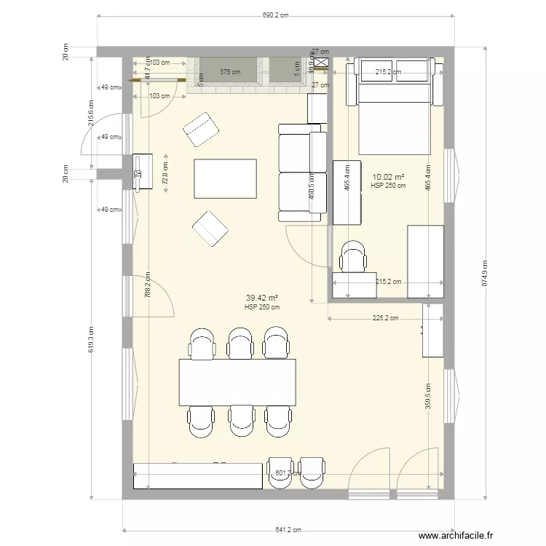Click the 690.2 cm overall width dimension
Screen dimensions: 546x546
click(x=275, y=15)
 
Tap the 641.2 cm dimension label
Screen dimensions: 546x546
click(x=288, y=531)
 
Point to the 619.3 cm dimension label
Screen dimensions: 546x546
click(x=90, y=339)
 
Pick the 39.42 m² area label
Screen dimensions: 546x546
click(x=262, y=298)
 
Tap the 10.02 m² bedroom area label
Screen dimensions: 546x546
click(x=388, y=177)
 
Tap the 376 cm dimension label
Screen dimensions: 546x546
click(x=230, y=71)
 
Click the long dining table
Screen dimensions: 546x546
click(x=238, y=382)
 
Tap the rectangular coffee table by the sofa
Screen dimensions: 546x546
click(x=225, y=178)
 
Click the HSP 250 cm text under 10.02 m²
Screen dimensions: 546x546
click(x=388, y=186)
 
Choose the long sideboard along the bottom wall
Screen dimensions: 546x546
click(x=197, y=476)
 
